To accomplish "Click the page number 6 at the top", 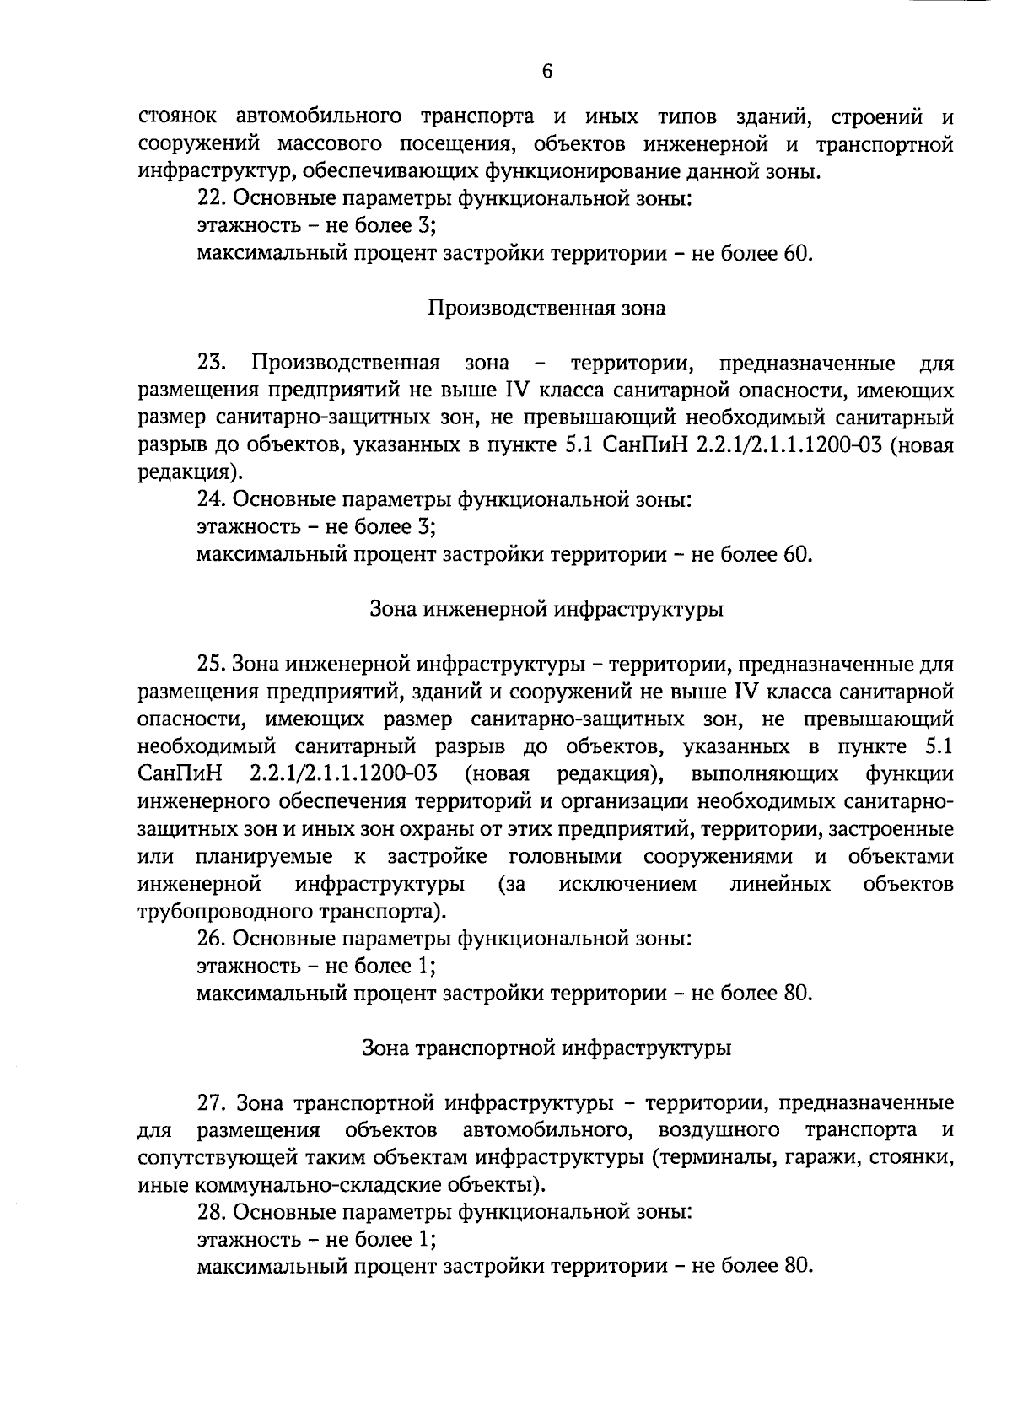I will coord(546,73).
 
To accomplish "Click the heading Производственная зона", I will coord(546,309).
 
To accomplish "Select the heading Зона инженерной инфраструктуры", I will coord(546,609).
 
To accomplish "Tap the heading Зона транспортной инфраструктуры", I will coord(546,1048).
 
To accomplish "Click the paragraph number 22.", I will coord(210,199).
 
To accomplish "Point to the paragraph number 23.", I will coord(210,364).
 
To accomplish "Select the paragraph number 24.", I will coord(210,499).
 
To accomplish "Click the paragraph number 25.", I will coord(210,665).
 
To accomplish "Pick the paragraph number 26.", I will coord(210,939).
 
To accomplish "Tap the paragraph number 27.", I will coord(210,1103).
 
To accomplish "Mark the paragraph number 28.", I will coord(210,1213).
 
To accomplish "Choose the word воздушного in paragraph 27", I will coord(719,1130).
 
